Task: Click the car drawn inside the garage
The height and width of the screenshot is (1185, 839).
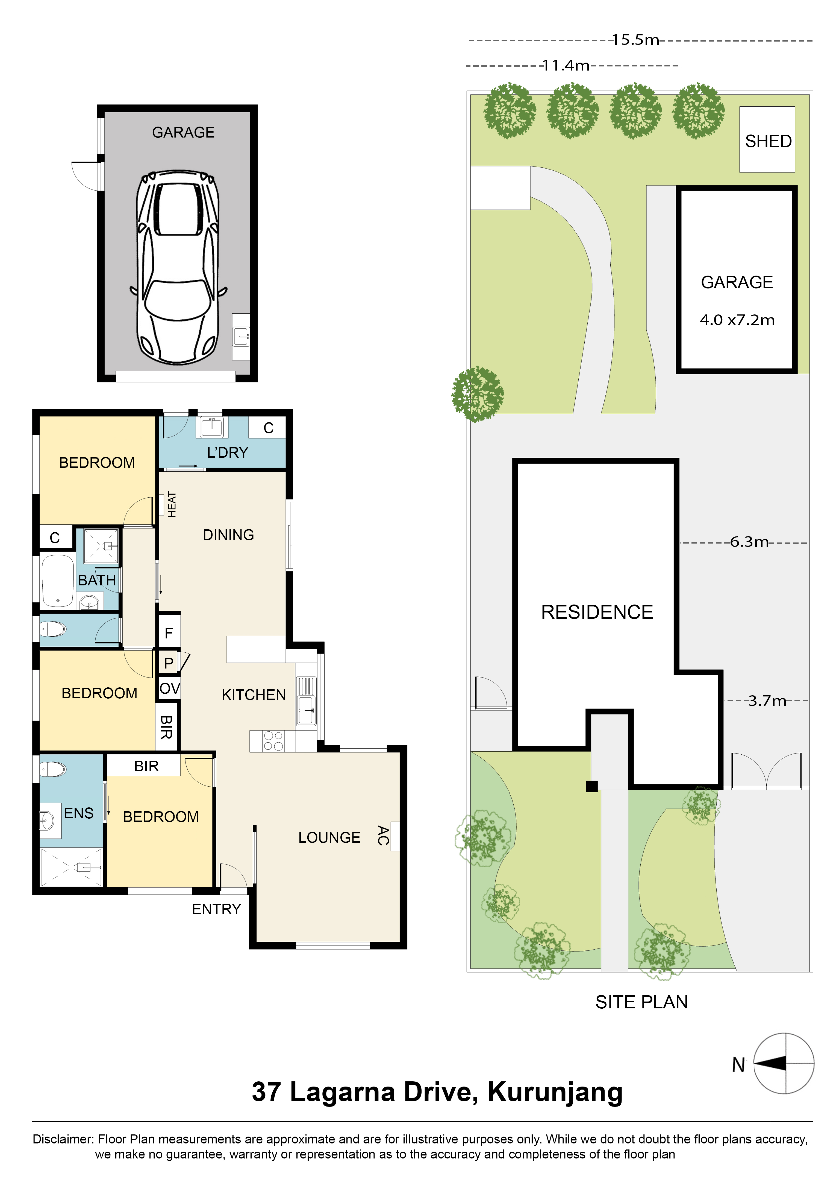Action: point(177,267)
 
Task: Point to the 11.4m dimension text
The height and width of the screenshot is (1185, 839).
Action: point(566,66)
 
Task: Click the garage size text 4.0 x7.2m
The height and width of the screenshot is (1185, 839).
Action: point(737,320)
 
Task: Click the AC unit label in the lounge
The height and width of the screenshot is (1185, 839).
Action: point(383,836)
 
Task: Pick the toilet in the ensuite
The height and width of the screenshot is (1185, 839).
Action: point(53,770)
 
